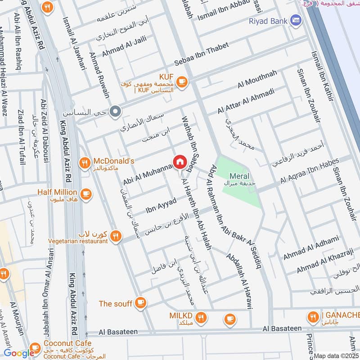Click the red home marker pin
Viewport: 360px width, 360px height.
coord(179,162)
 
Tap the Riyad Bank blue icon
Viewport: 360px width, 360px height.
coord(296,20)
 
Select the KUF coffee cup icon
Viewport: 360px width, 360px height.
coord(181,81)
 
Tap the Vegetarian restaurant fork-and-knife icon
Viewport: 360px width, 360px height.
coord(116,236)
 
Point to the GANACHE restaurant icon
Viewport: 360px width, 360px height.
coord(313,318)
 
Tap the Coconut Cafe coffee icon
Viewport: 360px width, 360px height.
coord(35,352)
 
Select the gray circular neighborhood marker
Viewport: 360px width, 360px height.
coord(115,110)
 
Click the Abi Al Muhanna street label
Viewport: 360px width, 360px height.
coord(148,175)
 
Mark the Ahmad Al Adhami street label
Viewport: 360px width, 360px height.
coord(310,248)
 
